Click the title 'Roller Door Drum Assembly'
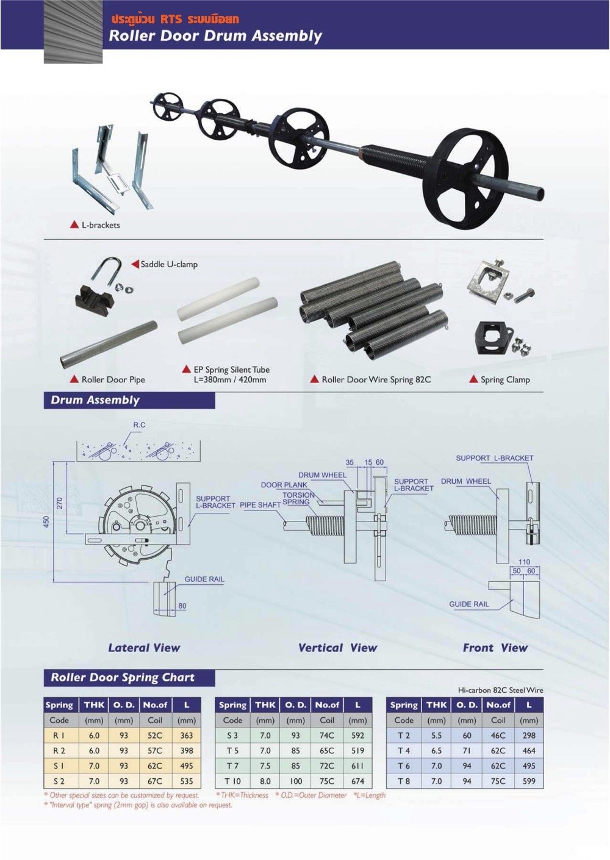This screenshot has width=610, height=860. point(215,36)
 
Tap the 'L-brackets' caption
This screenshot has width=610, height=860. point(101,225)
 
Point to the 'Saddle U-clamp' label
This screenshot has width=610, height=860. point(169,264)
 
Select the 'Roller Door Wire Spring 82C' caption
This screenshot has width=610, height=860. point(376,379)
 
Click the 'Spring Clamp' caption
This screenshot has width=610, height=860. point(504,379)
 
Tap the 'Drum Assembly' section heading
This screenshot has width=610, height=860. point(95,400)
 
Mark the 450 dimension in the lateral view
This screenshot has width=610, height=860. point(47,523)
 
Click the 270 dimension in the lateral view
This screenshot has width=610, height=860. point(60,503)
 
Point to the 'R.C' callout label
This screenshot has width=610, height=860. point(139,425)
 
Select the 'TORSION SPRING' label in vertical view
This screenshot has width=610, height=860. point(298,498)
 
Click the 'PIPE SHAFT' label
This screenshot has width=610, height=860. point(260,505)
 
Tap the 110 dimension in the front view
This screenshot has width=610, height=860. point(524,562)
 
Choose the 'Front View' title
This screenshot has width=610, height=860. point(495,648)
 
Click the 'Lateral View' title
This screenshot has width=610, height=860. point(144,648)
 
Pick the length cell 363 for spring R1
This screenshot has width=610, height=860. point(187,736)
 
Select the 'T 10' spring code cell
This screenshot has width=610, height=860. point(232,781)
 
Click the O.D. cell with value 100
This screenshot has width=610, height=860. point(296,781)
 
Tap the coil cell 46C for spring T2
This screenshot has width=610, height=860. point(498,736)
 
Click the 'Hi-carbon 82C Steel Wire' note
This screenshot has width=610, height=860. point(500,690)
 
